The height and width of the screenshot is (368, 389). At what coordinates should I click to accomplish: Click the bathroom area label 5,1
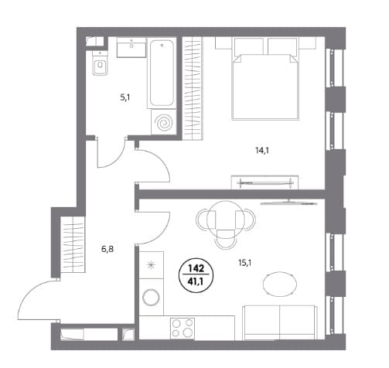(125, 98)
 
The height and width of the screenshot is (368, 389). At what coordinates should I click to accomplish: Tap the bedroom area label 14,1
(262, 151)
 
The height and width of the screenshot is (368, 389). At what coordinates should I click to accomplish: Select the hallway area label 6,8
(107, 250)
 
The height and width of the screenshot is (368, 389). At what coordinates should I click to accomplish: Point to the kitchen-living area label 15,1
(245, 263)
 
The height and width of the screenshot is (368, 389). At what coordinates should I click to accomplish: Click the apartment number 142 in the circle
(196, 269)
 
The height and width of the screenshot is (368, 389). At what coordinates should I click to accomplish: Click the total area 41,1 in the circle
(196, 281)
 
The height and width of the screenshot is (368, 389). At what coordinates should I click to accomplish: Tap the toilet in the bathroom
(100, 63)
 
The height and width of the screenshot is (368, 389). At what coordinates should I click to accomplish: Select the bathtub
(162, 73)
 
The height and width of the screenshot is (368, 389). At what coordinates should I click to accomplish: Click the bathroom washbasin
(131, 47)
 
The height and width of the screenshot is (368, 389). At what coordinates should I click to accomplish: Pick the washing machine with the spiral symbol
(164, 122)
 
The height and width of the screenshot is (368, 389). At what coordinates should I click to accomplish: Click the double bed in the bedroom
(265, 79)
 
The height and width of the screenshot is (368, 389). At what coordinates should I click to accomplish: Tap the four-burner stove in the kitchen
(183, 328)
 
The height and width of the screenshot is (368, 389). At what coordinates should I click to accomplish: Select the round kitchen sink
(152, 297)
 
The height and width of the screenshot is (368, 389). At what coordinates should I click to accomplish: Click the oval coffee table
(280, 284)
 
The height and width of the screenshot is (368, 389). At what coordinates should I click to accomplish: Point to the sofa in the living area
(280, 322)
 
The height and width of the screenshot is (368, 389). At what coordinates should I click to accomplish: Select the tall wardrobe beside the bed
(193, 89)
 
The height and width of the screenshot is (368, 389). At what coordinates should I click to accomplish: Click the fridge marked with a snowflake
(152, 265)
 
